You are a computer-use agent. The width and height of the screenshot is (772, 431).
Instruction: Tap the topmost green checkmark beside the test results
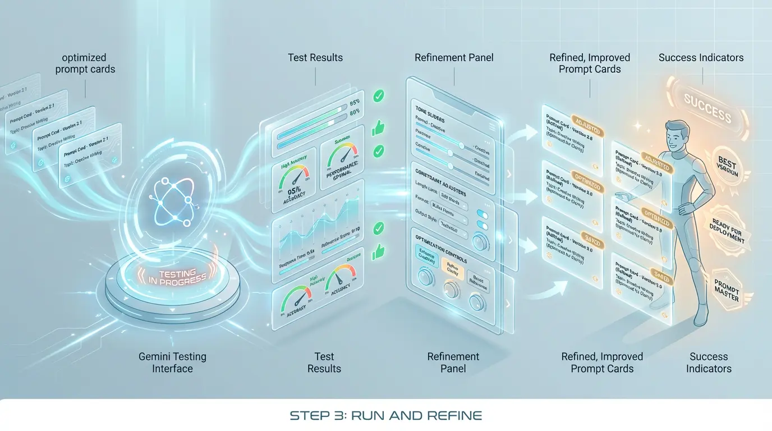(x=379, y=97)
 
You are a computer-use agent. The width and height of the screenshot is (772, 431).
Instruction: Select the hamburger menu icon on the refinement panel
(x=492, y=126)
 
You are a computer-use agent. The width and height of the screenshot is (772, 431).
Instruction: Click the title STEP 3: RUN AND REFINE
(x=386, y=416)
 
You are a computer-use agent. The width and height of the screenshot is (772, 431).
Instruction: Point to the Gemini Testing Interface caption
(x=172, y=363)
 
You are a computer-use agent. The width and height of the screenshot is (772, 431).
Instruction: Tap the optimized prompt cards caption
(x=84, y=63)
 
